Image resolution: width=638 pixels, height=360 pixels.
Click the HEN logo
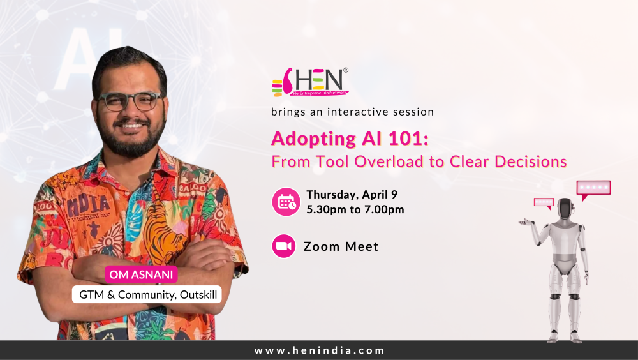310,82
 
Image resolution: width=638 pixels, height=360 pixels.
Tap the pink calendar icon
286,202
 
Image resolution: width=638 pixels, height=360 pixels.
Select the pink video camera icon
284,246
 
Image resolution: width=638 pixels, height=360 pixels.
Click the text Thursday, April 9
352,195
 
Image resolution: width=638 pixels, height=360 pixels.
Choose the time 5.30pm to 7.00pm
355,209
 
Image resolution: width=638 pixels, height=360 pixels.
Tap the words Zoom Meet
341,246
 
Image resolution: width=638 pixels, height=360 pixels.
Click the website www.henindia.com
319,350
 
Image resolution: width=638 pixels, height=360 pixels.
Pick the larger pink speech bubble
593,188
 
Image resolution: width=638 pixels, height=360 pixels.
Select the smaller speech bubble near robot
544,202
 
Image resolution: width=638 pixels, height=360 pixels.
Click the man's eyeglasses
130,101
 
